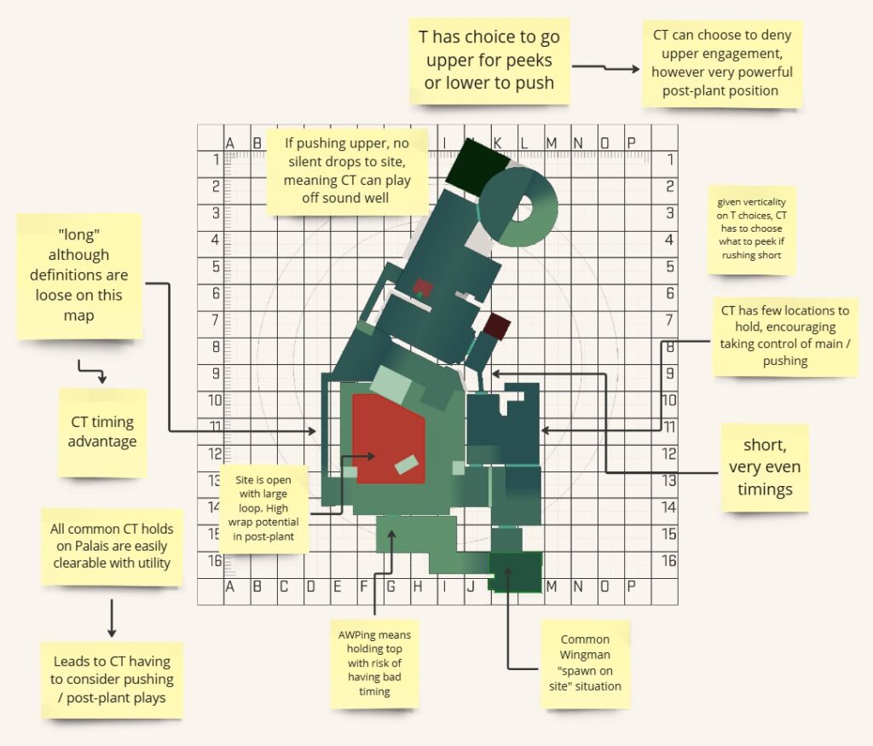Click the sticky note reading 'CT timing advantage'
[101, 431]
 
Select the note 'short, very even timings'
[765, 466]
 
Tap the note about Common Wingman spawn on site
[585, 662]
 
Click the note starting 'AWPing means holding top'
[374, 664]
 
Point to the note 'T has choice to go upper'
[489, 61]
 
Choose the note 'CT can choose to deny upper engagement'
[721, 63]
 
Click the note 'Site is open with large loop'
[265, 508]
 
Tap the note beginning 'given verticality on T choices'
[751, 230]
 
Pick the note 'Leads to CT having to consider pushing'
[112, 679]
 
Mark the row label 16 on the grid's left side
[216, 561]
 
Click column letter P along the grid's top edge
[631, 142]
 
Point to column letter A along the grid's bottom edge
[228, 587]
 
